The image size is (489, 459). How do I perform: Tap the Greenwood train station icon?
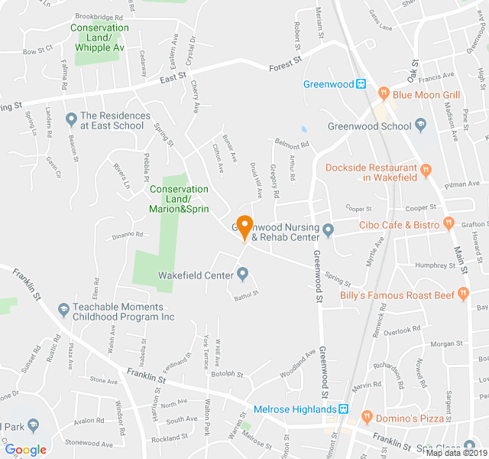(x=363, y=84)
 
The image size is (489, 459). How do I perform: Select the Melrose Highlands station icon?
(x=345, y=409)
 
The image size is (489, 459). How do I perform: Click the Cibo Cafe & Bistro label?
(x=400, y=225)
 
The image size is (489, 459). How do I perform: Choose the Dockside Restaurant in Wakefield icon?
(x=426, y=169)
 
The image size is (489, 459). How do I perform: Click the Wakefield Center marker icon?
(x=243, y=273)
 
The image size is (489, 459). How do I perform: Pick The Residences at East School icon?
(x=71, y=119)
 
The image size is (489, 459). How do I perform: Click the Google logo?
(x=25, y=450)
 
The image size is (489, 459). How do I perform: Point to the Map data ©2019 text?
(x=455, y=453)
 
